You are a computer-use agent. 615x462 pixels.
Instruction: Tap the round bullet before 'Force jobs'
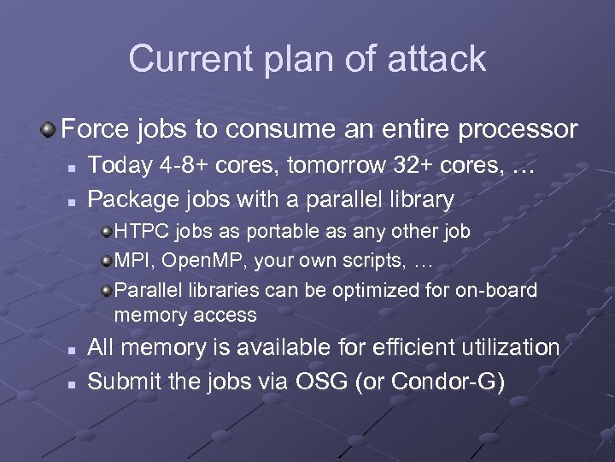(50, 130)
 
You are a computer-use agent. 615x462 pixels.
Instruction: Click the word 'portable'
(267, 231)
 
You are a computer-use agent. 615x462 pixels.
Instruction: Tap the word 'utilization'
(509, 347)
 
